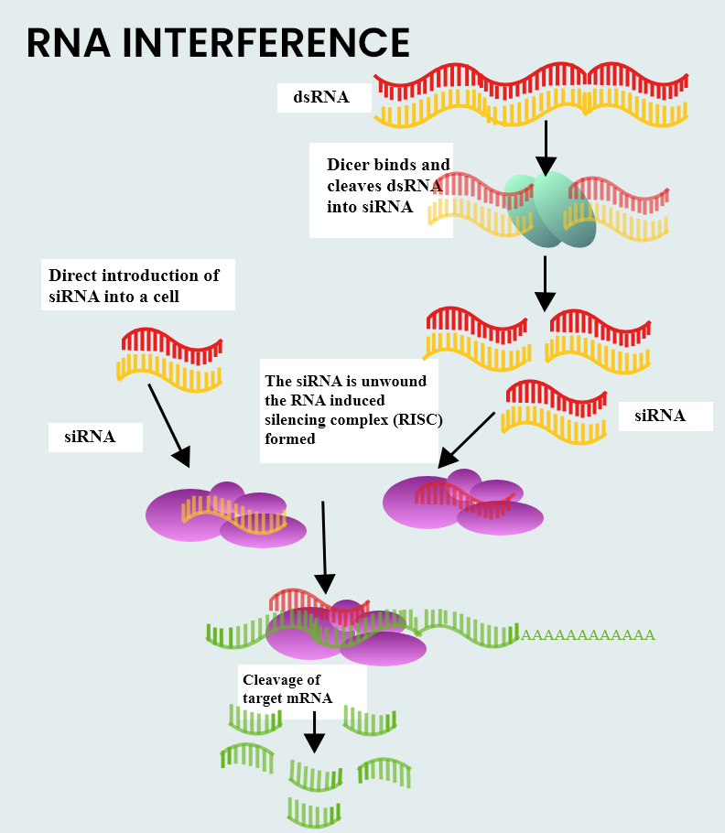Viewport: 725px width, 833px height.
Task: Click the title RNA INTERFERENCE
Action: point(218,44)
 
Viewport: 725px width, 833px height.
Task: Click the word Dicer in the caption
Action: point(346,166)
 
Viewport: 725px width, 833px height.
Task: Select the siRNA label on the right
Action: point(660,416)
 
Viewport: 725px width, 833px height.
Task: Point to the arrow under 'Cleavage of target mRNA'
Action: point(314,730)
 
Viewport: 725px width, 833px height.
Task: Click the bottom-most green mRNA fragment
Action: point(314,811)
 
